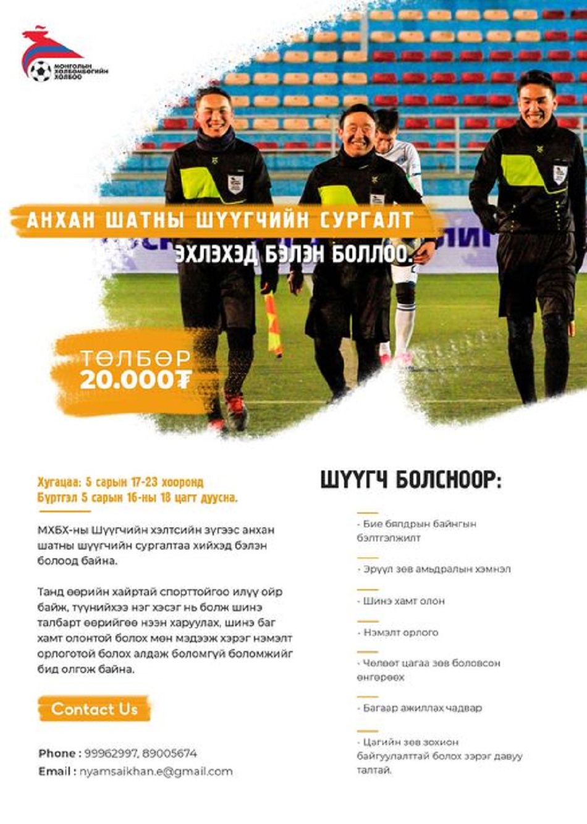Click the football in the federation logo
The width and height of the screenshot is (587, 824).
(x=41, y=70)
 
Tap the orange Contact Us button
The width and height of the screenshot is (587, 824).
(x=94, y=709)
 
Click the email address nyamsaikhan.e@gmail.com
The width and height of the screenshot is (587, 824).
(x=156, y=771)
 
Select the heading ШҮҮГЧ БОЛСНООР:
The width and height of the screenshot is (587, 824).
(x=411, y=480)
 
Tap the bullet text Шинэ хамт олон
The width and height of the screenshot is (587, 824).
(x=403, y=600)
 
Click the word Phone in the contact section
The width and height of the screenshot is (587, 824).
(x=57, y=754)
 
